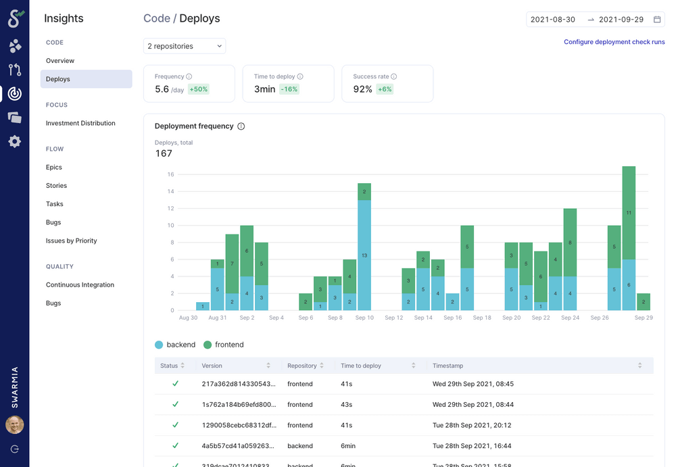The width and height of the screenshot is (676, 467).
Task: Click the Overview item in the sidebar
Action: click(60, 61)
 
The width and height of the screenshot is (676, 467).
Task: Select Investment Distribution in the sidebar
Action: click(80, 123)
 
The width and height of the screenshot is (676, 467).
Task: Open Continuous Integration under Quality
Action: click(80, 285)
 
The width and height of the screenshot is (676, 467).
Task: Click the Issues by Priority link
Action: click(71, 241)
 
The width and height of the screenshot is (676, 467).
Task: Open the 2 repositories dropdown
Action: click(185, 46)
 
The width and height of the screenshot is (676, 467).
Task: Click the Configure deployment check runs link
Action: click(614, 42)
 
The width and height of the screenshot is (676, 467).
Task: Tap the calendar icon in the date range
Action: click(656, 20)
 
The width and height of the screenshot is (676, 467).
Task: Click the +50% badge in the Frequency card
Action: click(198, 89)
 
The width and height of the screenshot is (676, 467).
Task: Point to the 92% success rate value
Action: click(362, 89)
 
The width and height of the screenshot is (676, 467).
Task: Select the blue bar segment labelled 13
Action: click(364, 255)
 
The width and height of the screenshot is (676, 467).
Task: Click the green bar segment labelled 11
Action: click(629, 212)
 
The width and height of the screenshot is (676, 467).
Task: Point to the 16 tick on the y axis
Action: click(170, 174)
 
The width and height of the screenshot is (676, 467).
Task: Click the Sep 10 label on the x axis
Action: click(364, 318)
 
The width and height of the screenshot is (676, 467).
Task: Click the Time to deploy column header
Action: click(361, 366)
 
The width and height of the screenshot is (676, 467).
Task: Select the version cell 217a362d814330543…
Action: click(228, 384)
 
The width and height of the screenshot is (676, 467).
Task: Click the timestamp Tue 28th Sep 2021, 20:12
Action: click(473, 425)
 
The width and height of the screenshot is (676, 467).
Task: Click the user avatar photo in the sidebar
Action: click(15, 424)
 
